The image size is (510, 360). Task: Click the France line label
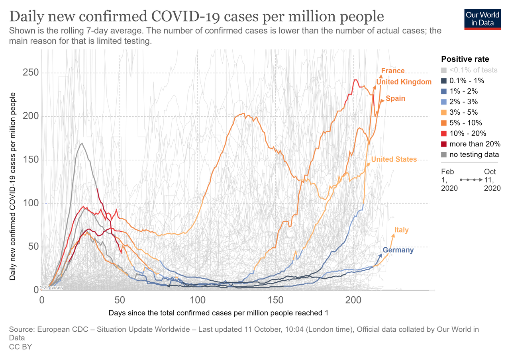click(393, 71)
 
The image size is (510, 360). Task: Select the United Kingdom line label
click(404, 82)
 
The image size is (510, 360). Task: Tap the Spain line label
click(395, 98)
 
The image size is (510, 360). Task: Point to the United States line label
click(394, 159)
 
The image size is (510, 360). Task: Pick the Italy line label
click(402, 230)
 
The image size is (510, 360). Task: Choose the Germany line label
click(398, 250)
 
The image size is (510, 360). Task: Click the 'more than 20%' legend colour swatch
click(444, 144)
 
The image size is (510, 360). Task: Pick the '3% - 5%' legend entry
click(463, 112)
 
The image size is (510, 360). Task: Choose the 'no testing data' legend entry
click(474, 155)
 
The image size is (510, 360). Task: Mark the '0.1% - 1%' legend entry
click(467, 80)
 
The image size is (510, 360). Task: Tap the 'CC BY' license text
click(20, 347)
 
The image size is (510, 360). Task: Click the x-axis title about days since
click(218, 313)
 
